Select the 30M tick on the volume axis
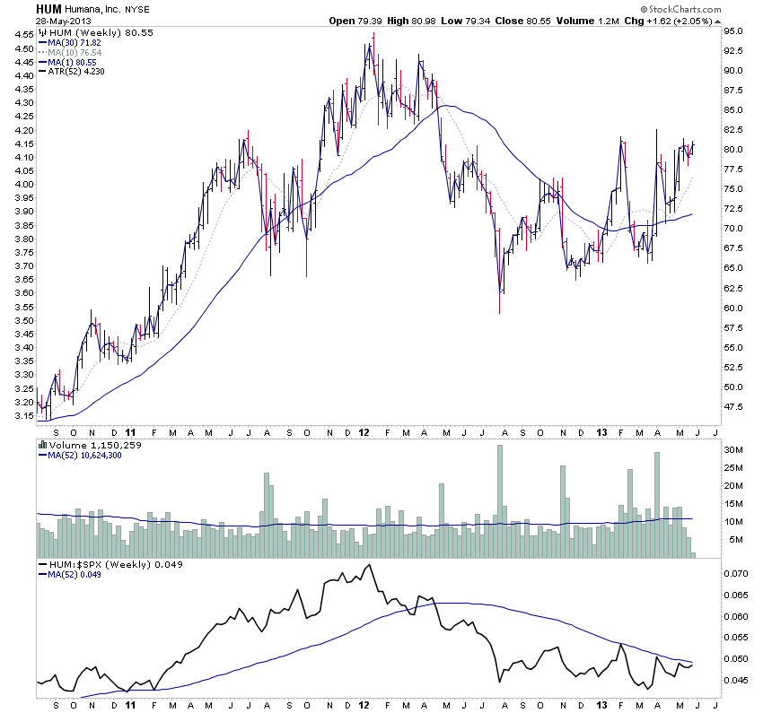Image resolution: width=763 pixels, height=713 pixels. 736,450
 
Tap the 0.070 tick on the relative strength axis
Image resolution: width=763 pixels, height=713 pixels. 738,572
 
